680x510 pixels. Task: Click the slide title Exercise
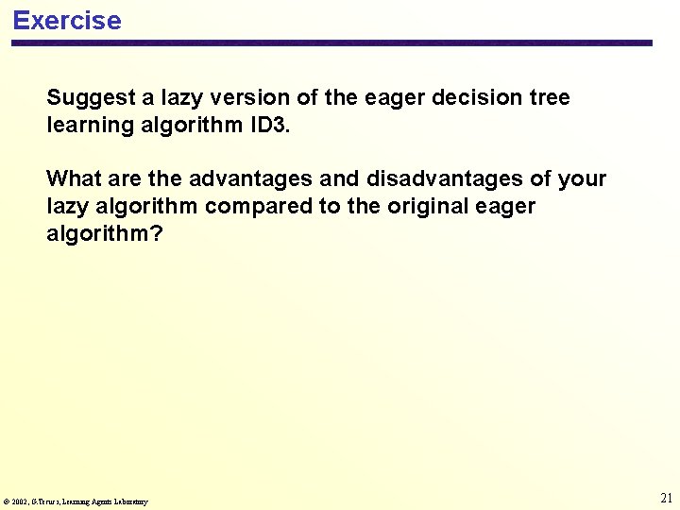(x=67, y=21)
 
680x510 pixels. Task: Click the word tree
(x=550, y=98)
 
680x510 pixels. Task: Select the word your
(x=582, y=179)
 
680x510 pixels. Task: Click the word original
(x=424, y=207)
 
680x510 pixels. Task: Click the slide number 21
(x=666, y=498)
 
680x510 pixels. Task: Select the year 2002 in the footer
(x=21, y=501)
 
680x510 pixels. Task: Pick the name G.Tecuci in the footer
(x=45, y=501)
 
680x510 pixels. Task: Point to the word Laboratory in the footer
(x=131, y=501)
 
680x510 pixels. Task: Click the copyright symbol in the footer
(x=7, y=501)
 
